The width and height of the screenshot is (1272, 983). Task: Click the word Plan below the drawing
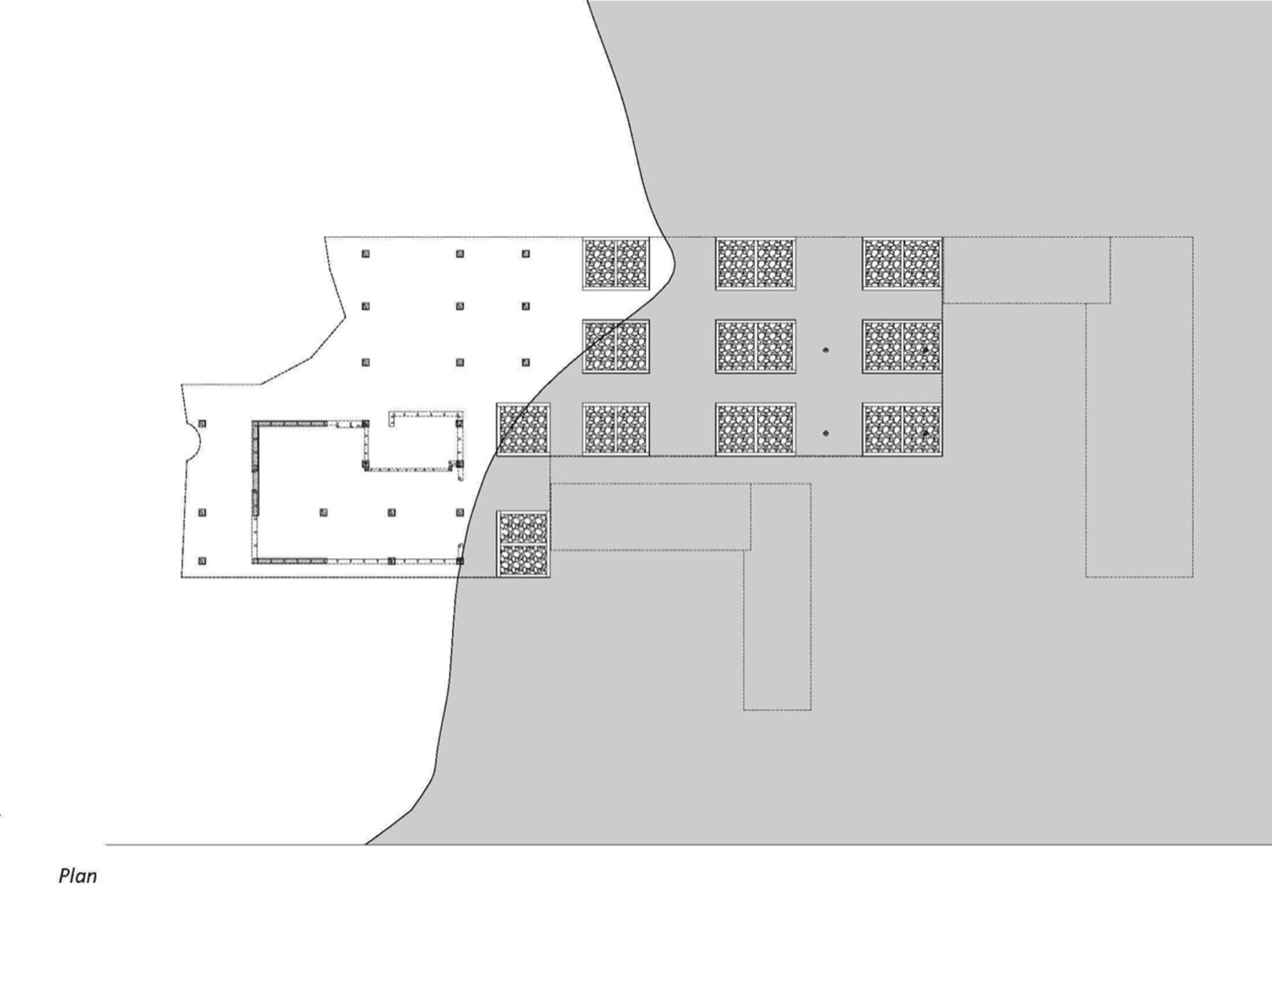(x=78, y=876)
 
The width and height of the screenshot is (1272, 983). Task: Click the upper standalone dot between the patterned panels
(x=826, y=350)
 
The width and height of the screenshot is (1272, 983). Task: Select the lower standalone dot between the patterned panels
(x=826, y=433)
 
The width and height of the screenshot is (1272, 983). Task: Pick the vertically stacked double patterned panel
(x=523, y=545)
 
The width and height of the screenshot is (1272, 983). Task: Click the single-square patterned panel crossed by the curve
(x=523, y=429)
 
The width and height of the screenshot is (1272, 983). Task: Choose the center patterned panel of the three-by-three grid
(x=756, y=346)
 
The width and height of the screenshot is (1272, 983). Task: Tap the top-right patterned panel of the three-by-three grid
(x=902, y=263)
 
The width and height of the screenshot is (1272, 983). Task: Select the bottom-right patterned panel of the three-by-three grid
(x=902, y=429)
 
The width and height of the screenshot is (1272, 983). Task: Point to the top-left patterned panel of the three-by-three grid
(x=616, y=263)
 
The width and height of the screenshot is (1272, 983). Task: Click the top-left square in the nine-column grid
(x=366, y=254)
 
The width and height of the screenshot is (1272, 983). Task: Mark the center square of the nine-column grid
(x=460, y=307)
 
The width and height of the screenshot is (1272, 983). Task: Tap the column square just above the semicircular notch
(x=202, y=423)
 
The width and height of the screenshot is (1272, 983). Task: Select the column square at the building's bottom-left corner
(x=202, y=561)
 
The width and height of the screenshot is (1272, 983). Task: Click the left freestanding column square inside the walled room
(x=324, y=512)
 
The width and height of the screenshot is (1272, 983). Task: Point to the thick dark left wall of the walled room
(x=256, y=468)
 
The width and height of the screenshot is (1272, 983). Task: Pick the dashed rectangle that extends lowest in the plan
(x=777, y=630)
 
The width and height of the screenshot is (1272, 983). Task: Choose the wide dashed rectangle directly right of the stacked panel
(x=650, y=517)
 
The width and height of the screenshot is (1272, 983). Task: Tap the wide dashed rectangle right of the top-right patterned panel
(x=1027, y=270)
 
